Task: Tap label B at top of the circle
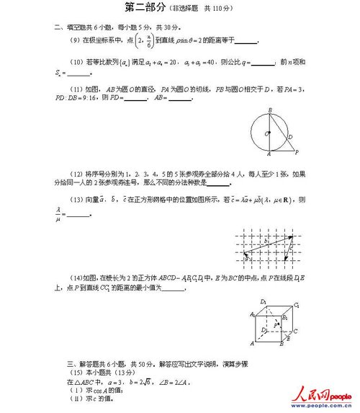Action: click(x=269, y=110)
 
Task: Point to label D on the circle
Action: click(x=289, y=137)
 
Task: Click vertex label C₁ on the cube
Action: click(x=296, y=306)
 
